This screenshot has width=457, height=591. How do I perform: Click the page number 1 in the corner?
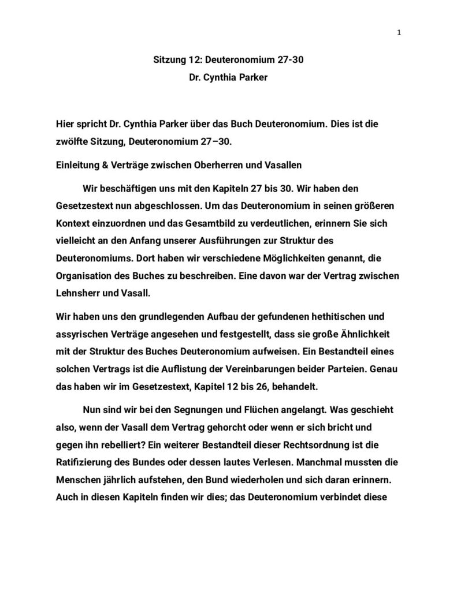[399, 33]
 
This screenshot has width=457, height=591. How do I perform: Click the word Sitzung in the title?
[169, 59]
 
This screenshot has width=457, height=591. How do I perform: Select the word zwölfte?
[72, 140]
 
